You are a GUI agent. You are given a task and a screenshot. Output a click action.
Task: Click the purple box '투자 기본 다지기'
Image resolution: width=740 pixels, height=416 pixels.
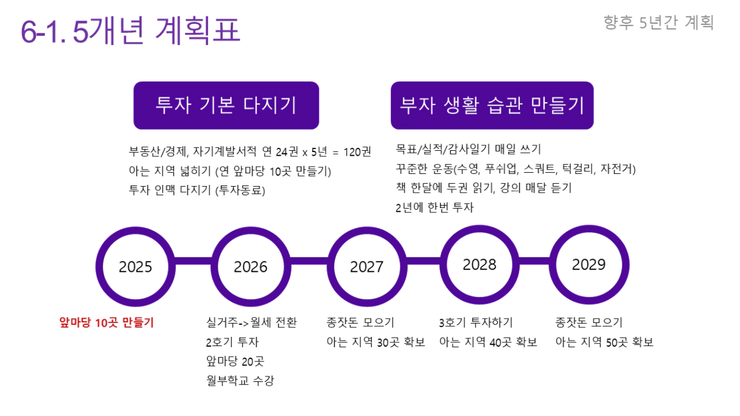tap(226, 105)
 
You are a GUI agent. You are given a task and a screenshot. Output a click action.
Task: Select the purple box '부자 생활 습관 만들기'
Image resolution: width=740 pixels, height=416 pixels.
tap(492, 105)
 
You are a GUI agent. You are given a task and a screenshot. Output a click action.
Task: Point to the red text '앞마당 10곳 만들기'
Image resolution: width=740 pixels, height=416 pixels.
tap(106, 322)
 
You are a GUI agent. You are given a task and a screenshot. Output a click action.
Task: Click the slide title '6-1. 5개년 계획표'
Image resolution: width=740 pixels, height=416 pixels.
tap(130, 30)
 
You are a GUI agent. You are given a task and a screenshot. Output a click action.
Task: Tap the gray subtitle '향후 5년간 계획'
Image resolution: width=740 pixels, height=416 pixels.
tap(658, 23)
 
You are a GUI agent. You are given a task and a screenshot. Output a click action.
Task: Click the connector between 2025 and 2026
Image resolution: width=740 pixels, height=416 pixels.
tap(194, 261)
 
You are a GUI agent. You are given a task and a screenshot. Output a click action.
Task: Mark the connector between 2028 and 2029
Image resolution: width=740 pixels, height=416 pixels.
tap(534, 261)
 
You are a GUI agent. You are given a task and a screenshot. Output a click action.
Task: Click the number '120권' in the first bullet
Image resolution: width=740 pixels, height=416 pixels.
tap(357, 152)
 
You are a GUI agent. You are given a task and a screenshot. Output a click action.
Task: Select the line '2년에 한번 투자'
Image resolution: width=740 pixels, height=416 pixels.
tap(435, 207)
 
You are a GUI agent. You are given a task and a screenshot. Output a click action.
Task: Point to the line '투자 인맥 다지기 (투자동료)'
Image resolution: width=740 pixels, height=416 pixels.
tap(197, 190)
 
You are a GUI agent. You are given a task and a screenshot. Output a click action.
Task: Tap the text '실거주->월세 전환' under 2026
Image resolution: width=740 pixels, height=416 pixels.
tap(251, 322)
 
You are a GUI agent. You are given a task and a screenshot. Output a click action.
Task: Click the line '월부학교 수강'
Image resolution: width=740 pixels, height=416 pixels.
tap(240, 380)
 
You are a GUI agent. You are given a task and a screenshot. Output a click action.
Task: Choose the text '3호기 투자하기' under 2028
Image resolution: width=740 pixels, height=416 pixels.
tap(476, 322)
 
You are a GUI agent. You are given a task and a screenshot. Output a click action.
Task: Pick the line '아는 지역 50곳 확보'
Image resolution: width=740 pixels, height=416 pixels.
tap(604, 342)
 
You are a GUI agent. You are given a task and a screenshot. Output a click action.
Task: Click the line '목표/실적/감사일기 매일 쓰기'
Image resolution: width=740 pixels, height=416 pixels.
tap(469, 149)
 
